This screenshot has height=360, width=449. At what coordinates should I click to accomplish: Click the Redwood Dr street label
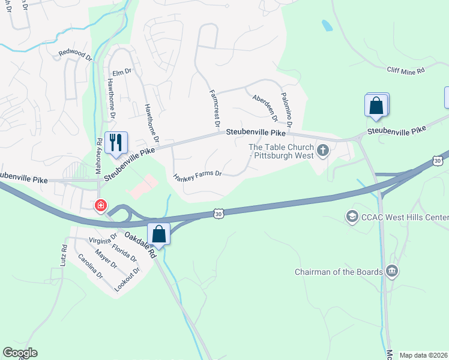click(x=74, y=53)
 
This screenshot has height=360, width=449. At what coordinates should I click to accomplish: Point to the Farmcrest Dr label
click(x=212, y=106)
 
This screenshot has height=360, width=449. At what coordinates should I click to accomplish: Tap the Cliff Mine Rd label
click(x=405, y=70)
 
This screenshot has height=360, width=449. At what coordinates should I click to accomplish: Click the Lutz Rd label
click(x=62, y=255)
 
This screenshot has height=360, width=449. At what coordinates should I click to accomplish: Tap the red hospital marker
click(x=101, y=205)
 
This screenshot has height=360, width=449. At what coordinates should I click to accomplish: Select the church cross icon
click(x=323, y=150)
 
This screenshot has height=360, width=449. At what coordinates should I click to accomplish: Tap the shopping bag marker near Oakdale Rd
click(x=159, y=233)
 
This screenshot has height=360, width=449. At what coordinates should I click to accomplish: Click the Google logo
click(x=20, y=353)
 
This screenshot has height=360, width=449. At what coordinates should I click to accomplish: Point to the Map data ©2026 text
click(x=424, y=355)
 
